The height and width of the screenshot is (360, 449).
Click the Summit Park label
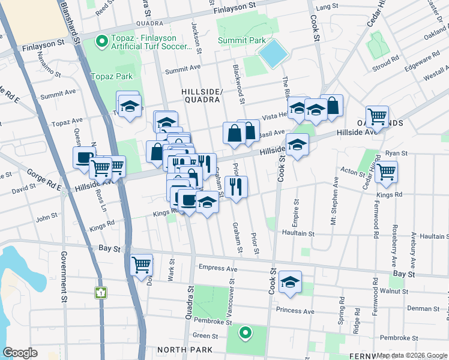click(x=241, y=40)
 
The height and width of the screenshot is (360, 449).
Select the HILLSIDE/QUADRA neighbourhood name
click(x=202, y=95)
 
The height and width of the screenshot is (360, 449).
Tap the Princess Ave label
click(x=295, y=311)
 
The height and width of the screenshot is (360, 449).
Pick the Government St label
click(x=63, y=277)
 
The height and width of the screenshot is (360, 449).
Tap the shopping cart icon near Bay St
click(x=142, y=264)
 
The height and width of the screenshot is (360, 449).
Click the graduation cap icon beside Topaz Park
click(x=128, y=106)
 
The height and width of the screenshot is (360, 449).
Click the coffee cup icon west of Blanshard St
click(x=84, y=158)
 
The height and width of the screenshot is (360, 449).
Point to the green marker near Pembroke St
click(x=245, y=332)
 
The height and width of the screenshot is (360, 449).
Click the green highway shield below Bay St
click(x=101, y=293)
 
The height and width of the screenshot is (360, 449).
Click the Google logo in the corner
click(x=20, y=353)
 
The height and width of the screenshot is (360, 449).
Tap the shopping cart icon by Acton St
click(x=387, y=172)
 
